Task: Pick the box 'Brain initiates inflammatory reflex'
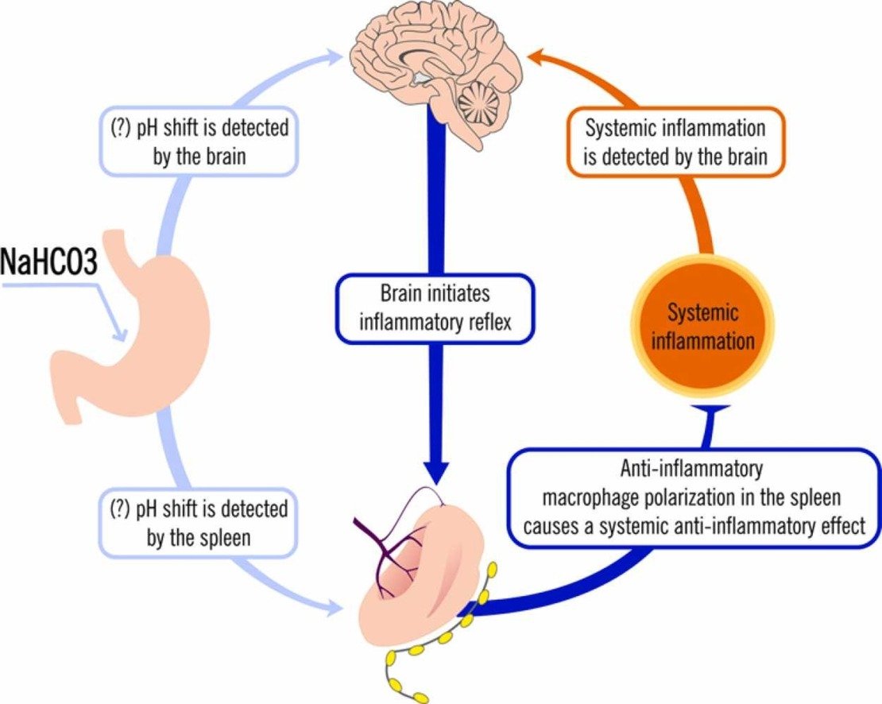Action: (435, 309)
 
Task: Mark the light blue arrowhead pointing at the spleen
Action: (338, 609)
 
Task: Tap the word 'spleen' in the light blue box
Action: (225, 537)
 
